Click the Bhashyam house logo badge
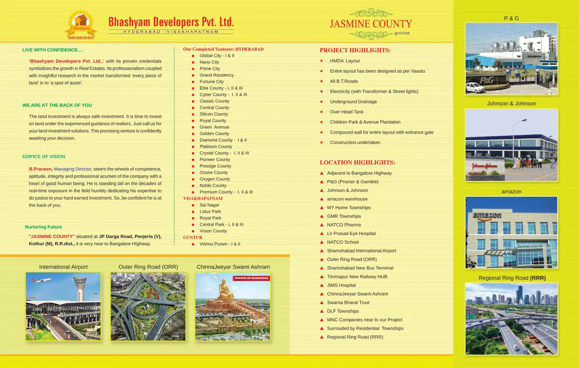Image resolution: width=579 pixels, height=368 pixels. [81, 25]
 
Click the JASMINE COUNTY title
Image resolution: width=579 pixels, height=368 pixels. [371, 24]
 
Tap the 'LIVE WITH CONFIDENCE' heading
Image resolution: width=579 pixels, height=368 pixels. [53, 50]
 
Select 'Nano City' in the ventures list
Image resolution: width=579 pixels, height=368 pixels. [209, 62]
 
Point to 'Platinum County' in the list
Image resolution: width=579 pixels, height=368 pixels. [216, 147]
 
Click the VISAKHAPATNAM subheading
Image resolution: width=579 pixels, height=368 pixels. [203, 199]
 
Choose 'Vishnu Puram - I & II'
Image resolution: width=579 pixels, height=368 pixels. [220, 244]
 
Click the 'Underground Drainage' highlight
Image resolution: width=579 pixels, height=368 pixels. [353, 102]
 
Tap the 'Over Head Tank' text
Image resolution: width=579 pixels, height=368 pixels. [346, 112]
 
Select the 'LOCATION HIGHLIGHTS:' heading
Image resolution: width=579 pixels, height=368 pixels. [357, 162]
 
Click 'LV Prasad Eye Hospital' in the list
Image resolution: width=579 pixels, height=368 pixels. [351, 233]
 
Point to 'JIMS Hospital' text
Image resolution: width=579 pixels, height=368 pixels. [341, 285]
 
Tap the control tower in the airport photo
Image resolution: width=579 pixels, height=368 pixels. [79, 288]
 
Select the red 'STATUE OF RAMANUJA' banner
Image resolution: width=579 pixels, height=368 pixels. [251, 278]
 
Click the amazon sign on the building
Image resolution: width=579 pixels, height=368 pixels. [487, 216]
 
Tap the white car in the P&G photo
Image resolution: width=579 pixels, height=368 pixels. [475, 88]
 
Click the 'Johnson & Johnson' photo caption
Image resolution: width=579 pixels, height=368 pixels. [511, 104]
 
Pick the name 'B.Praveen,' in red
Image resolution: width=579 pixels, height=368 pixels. [41, 169]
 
